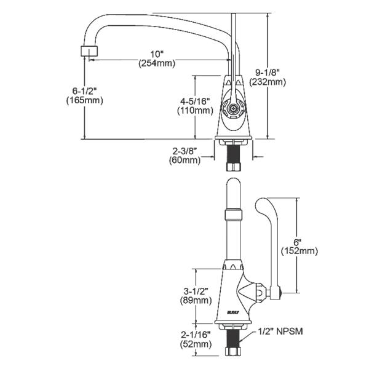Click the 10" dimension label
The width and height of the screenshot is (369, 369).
coord(156,54)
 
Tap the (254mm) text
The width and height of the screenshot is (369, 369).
coord(156,63)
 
